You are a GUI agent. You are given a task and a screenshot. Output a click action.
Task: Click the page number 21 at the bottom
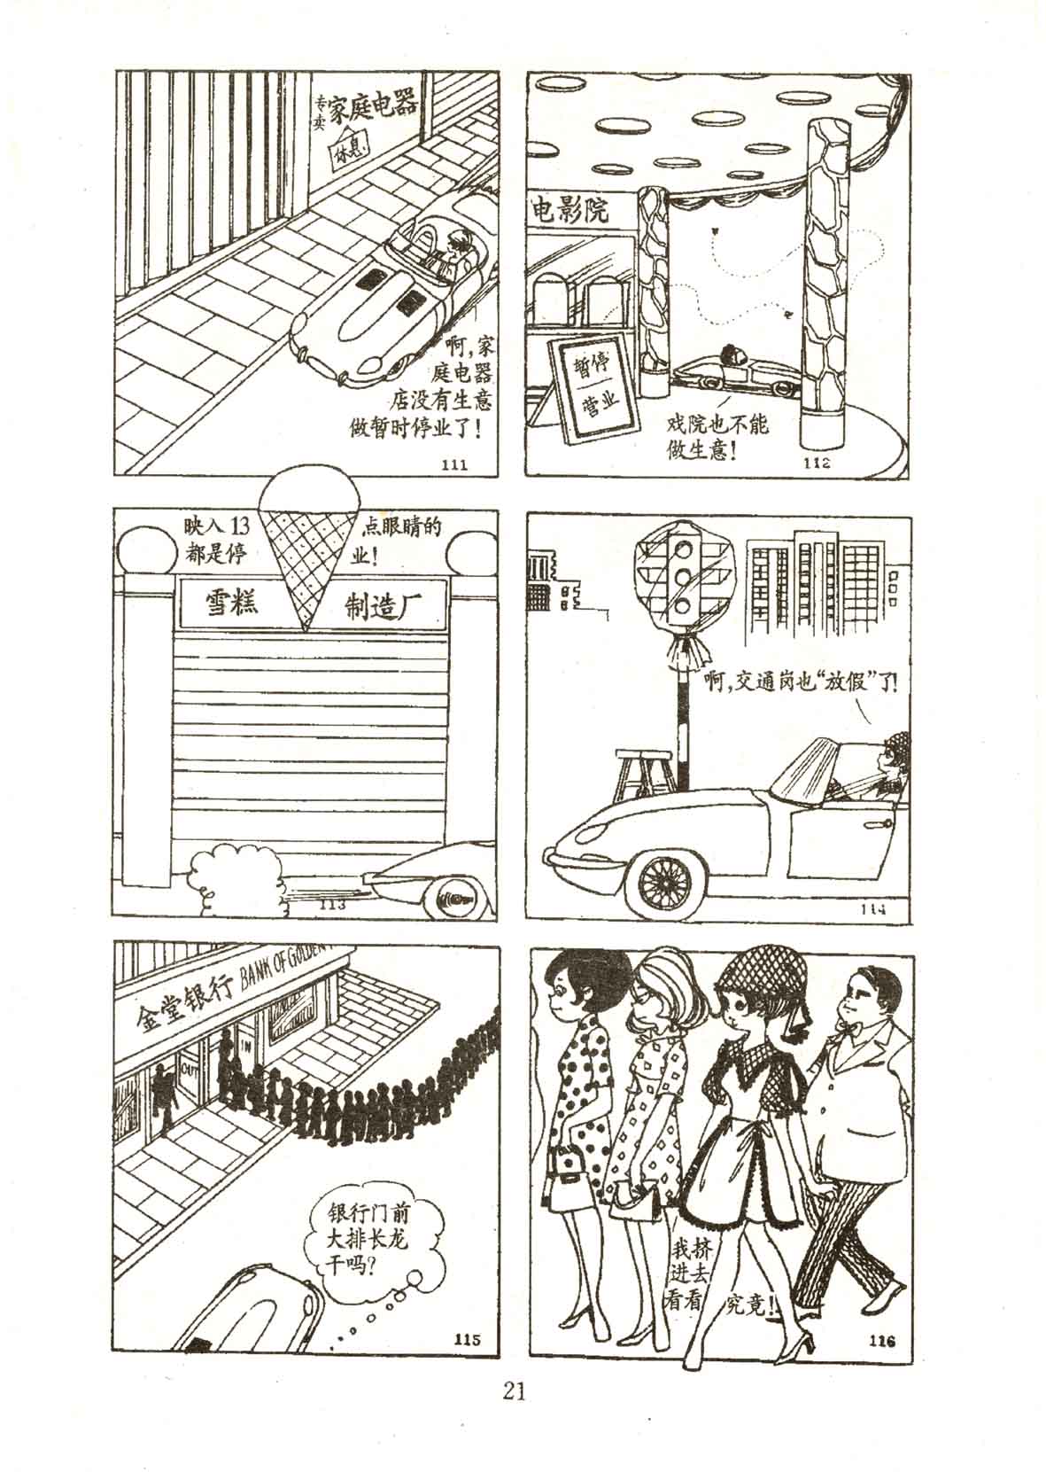514,1390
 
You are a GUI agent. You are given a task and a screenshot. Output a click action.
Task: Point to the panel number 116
877,1340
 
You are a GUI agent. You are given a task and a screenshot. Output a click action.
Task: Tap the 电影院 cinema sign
570,211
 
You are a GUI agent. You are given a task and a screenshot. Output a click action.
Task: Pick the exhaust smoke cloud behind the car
233,876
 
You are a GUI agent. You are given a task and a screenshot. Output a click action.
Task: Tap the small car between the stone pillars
727,369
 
